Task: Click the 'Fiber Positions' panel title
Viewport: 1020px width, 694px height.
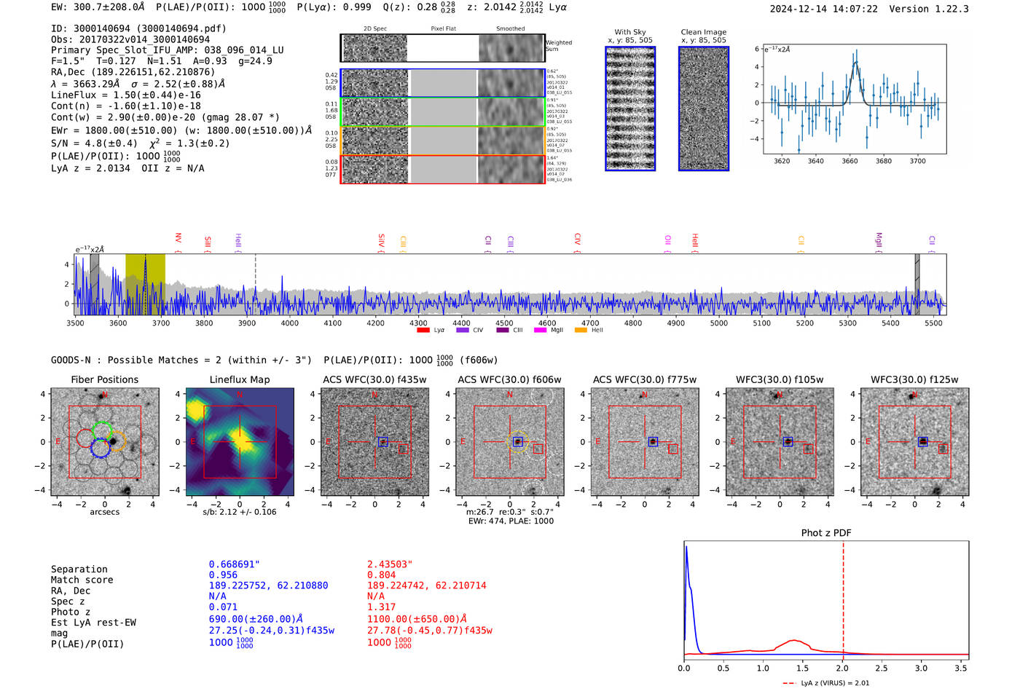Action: click(104, 379)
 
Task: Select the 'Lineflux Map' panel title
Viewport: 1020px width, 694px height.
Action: click(240, 379)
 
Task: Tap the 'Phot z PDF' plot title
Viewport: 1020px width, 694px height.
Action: click(826, 532)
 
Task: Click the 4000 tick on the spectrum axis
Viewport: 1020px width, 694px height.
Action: click(290, 323)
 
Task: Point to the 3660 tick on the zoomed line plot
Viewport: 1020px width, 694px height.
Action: click(850, 161)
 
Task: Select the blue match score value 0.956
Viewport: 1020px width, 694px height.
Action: click(223, 575)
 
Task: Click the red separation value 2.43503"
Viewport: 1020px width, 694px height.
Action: click(390, 564)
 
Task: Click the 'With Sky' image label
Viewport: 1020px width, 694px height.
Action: click(630, 32)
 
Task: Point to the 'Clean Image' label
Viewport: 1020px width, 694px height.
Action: click(703, 32)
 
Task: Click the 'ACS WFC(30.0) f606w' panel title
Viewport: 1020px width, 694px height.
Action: click(509, 379)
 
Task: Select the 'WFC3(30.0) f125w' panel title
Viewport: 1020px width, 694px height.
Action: click(914, 379)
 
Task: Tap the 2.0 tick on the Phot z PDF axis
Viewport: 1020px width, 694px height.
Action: click(842, 668)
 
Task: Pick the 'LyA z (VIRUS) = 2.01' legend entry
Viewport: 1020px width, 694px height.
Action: click(826, 683)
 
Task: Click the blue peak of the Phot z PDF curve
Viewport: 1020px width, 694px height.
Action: click(686, 548)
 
